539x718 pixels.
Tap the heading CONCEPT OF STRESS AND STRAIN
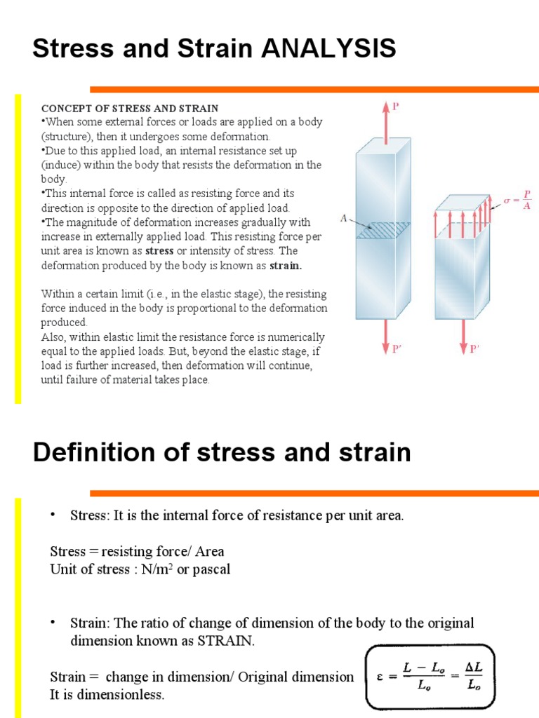point(130,109)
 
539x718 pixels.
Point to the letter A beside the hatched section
point(344,219)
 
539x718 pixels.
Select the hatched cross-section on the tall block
point(379,231)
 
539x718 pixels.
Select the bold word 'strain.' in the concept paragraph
point(286,265)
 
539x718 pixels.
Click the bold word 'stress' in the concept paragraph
point(159,251)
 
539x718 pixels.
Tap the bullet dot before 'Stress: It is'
point(52,515)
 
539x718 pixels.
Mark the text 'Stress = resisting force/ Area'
point(138,551)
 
